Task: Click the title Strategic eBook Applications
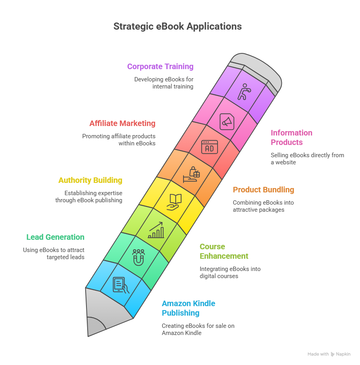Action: (178, 26)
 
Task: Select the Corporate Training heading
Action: (160, 66)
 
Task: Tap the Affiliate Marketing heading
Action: (122, 123)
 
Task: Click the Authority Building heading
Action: (90, 180)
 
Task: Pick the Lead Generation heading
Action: (55, 237)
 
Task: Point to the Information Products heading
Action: (291, 137)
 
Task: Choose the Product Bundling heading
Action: (263, 190)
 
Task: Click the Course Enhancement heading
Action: (224, 251)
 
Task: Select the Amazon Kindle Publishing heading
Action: (188, 308)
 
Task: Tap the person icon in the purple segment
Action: (244, 92)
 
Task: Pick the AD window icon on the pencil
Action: (209, 147)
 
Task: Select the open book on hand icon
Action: (174, 201)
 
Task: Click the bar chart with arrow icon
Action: (156, 230)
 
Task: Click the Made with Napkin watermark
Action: (329, 354)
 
